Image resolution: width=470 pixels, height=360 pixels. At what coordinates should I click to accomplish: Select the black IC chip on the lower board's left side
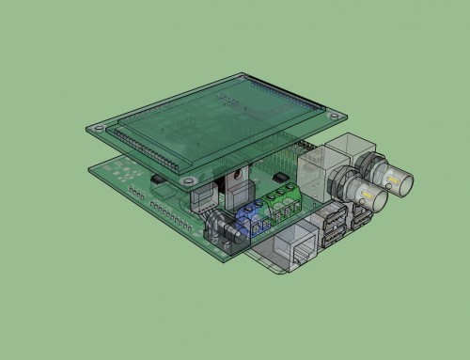click(159, 176)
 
